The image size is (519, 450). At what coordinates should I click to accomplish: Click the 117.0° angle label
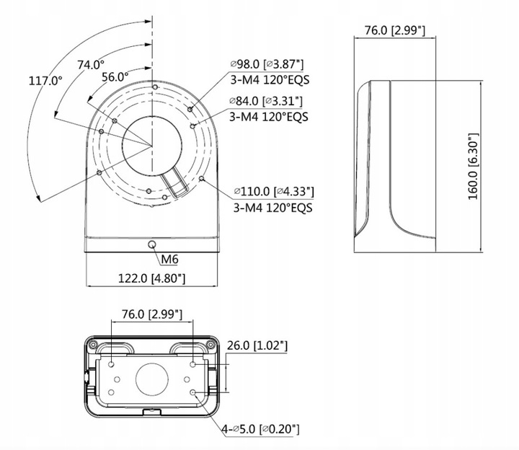click(45, 80)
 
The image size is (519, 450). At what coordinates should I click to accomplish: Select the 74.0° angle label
click(92, 64)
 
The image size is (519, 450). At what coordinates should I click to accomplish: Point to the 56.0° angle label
click(115, 76)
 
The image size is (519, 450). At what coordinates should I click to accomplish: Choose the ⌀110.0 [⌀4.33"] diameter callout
click(273, 192)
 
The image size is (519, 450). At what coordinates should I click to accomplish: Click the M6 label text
click(169, 259)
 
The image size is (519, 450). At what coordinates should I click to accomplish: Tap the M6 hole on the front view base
click(151, 245)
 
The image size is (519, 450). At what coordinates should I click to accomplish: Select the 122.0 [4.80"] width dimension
click(151, 278)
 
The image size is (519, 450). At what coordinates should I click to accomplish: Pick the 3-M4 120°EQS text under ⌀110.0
click(272, 207)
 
